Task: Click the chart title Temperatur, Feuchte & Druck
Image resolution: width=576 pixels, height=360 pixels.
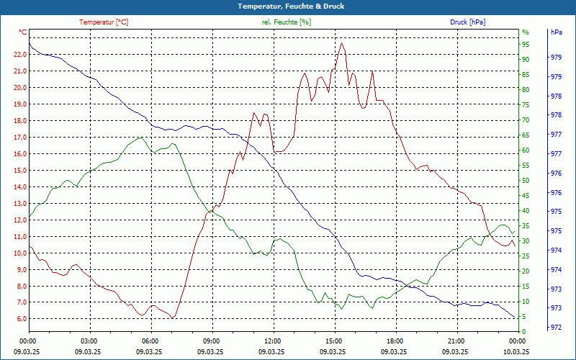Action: pyautogui.click(x=287, y=6)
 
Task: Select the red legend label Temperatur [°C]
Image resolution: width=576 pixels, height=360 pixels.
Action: pyautogui.click(x=104, y=22)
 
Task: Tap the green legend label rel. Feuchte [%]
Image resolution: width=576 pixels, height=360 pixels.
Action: pyautogui.click(x=287, y=22)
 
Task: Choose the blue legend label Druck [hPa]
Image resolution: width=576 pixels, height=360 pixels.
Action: pyautogui.click(x=467, y=22)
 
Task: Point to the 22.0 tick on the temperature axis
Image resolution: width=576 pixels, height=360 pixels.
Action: pyautogui.click(x=19, y=54)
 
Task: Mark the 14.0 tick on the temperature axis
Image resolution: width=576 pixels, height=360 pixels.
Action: pyautogui.click(x=19, y=186)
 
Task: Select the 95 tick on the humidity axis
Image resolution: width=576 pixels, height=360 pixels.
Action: pyautogui.click(x=526, y=44)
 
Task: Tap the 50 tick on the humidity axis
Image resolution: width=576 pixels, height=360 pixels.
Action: pyautogui.click(x=526, y=181)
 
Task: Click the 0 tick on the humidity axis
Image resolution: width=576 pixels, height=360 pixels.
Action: pyautogui.click(x=524, y=331)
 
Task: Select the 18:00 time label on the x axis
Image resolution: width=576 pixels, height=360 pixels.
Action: pyautogui.click(x=394, y=341)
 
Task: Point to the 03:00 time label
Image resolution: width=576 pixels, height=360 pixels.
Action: pyautogui.click(x=89, y=341)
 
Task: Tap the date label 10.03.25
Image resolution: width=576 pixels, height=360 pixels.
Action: pyautogui.click(x=516, y=351)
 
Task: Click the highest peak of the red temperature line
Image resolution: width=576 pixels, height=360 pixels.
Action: pyautogui.click(x=342, y=43)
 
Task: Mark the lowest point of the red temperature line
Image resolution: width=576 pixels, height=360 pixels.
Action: pyautogui.click(x=173, y=318)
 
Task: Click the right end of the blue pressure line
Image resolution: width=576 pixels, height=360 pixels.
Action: pyautogui.click(x=515, y=318)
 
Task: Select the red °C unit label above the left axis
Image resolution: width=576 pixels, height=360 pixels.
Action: pyautogui.click(x=23, y=32)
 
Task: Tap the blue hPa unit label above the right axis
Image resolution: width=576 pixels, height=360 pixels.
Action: pyautogui.click(x=556, y=32)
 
